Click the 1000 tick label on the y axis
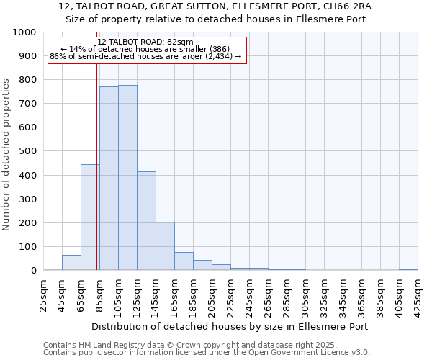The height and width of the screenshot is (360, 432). pyautogui.click(x=24, y=32)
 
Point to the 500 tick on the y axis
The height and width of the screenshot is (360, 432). pyautogui.click(x=29, y=151)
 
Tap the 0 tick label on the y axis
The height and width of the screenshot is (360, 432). pyautogui.click(x=34, y=271)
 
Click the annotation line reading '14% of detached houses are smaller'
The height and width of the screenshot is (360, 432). pyautogui.click(x=147, y=50)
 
